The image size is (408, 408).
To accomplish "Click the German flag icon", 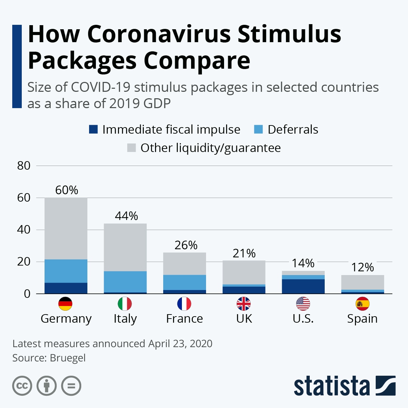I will (x=65, y=304).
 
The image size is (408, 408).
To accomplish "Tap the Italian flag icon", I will (x=125, y=304).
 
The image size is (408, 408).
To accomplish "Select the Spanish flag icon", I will (x=362, y=304).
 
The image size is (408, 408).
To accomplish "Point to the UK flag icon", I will (x=244, y=304).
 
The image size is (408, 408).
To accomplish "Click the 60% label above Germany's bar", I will (x=67, y=190).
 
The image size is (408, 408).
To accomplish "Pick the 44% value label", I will (x=126, y=216).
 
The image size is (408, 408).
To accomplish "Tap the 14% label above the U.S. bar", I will (x=303, y=263).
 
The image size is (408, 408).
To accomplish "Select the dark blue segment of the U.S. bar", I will (x=303, y=286).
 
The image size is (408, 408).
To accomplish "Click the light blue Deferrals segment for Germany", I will (x=66, y=271).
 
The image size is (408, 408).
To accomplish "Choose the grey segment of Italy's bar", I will (x=125, y=247).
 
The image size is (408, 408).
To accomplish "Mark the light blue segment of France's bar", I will (x=185, y=282).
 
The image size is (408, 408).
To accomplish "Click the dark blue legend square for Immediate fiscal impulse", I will (x=93, y=130).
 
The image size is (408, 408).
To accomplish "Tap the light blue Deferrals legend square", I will (x=258, y=130).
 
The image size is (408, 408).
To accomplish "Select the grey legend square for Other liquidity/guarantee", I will (x=131, y=148).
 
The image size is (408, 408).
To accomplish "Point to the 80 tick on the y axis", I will (x=24, y=166).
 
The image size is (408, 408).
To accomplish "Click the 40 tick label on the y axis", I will (x=24, y=230).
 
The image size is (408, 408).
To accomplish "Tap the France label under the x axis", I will (x=185, y=319).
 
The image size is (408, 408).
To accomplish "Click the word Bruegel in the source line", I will (x=68, y=358).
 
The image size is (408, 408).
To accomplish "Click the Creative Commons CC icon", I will (x=22, y=386).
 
